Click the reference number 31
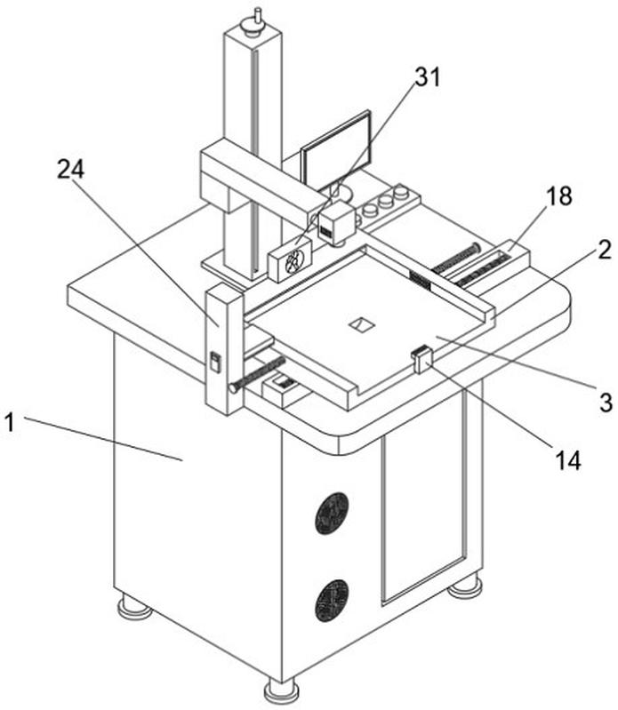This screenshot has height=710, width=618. [429, 77]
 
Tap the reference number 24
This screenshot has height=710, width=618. [70, 171]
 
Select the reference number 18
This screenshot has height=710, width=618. [558, 196]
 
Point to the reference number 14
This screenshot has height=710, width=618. [567, 461]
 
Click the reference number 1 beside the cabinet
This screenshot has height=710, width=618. [10, 424]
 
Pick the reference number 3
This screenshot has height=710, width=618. [606, 402]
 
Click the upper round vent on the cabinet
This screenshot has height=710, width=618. [332, 513]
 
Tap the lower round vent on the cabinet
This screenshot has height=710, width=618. [332, 600]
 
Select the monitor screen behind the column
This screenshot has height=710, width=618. [337, 150]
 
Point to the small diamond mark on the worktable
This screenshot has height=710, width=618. [362, 324]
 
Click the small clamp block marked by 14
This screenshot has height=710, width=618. [421, 359]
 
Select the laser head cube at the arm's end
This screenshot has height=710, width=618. [336, 222]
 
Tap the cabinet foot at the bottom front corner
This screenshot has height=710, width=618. [281, 691]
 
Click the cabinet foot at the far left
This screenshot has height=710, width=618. [133, 607]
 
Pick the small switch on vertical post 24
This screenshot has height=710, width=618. [215, 363]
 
